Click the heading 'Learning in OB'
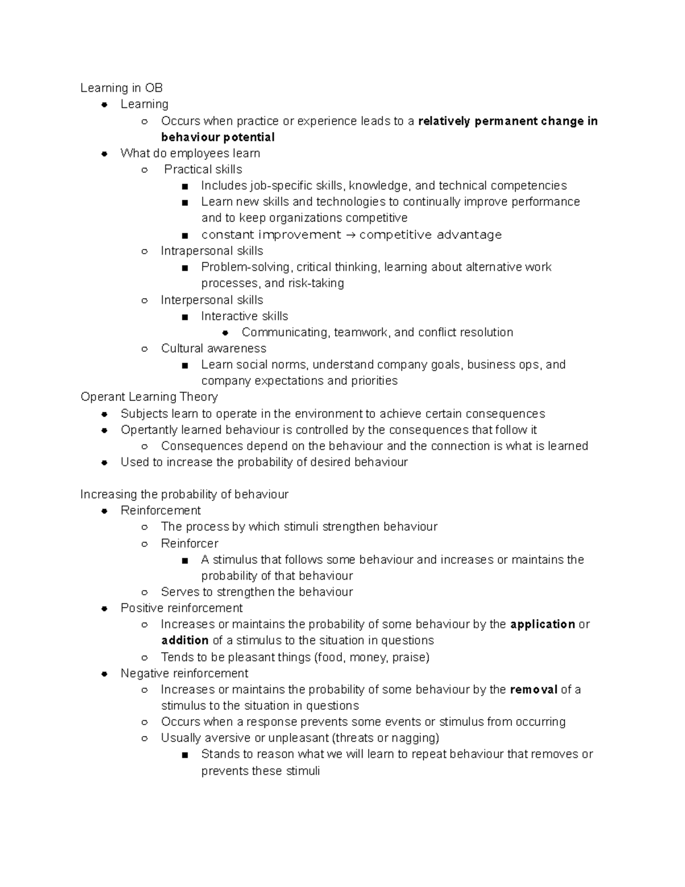click(121, 88)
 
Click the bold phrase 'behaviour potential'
click(217, 138)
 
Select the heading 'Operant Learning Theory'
click(149, 397)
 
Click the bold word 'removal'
click(533, 690)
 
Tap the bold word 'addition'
click(184, 641)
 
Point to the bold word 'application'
click(542, 624)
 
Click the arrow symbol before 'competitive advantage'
click(350, 235)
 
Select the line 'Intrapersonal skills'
click(212, 251)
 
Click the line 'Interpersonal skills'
click(212, 300)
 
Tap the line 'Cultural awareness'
click(213, 349)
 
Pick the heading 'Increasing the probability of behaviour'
click(184, 495)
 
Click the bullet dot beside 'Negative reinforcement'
click(104, 674)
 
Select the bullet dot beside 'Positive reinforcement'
click(104, 609)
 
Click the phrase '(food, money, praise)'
click(372, 657)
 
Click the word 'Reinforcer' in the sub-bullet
click(190, 544)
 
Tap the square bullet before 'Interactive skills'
click(184, 317)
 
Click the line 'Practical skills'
click(203, 170)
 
